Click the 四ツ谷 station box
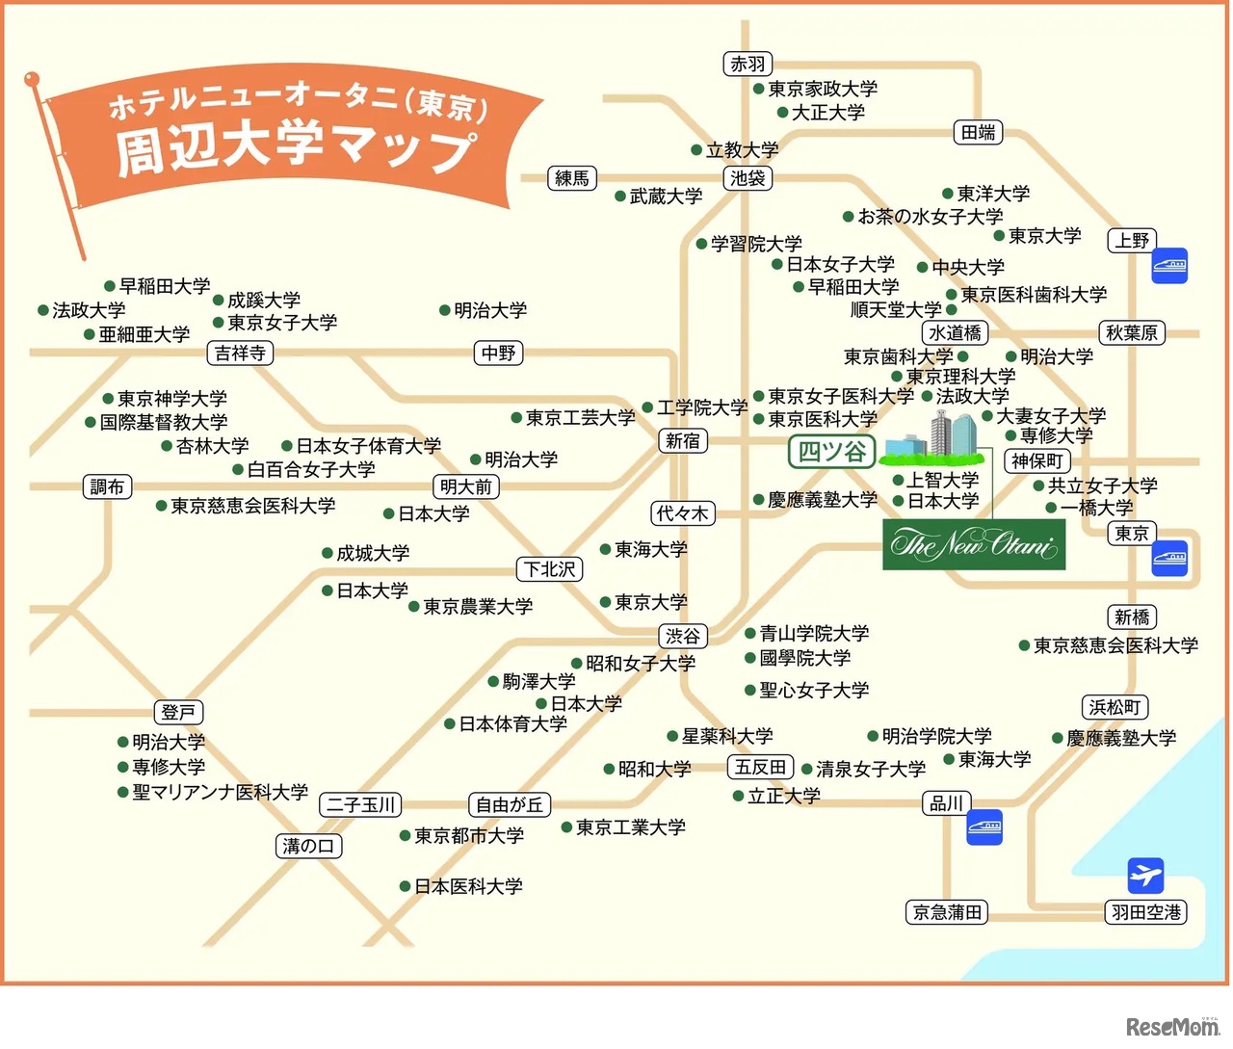click(x=832, y=451)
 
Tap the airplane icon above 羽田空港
click(x=1145, y=876)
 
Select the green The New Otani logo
click(x=974, y=545)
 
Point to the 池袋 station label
click(x=748, y=178)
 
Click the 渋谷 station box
click(x=683, y=636)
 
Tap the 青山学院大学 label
click(x=813, y=633)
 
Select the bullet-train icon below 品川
click(x=984, y=826)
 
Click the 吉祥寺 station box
click(x=240, y=354)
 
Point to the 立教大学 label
click(x=741, y=150)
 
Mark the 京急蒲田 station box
click(x=947, y=912)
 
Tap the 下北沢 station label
click(x=550, y=569)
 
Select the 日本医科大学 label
click(x=468, y=886)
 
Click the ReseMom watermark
click(x=1172, y=1027)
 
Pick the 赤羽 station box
click(x=748, y=65)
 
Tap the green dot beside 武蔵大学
click(x=620, y=197)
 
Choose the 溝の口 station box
click(x=308, y=846)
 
